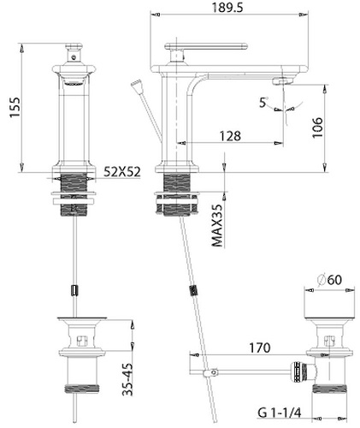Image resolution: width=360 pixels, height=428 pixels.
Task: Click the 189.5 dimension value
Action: [x=227, y=7]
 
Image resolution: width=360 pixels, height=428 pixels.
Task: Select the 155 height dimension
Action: [x=15, y=107]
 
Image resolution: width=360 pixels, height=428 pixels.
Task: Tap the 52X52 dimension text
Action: [x=122, y=172]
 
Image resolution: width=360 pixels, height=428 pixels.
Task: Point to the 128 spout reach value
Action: [x=230, y=136]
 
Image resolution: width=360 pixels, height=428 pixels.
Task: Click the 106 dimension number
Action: [x=317, y=128]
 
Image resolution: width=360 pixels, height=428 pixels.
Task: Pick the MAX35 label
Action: [x=217, y=225]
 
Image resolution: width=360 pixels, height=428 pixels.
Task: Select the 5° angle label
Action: [x=263, y=102]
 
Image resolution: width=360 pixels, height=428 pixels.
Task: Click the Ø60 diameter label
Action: [x=329, y=279]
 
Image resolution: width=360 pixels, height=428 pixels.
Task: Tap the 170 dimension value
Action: [x=260, y=348]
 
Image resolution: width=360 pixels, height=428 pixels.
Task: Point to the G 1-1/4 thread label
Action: [x=280, y=413]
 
